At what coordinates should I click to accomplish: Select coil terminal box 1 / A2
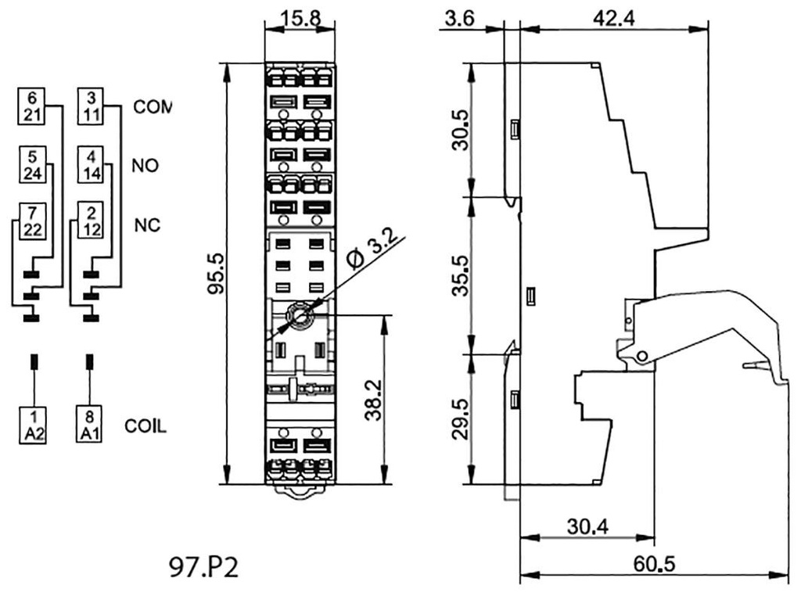pos(34,425)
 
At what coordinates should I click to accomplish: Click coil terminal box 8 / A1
pos(88,425)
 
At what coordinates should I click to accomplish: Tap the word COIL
pos(146,427)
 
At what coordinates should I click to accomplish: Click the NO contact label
pos(145,166)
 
